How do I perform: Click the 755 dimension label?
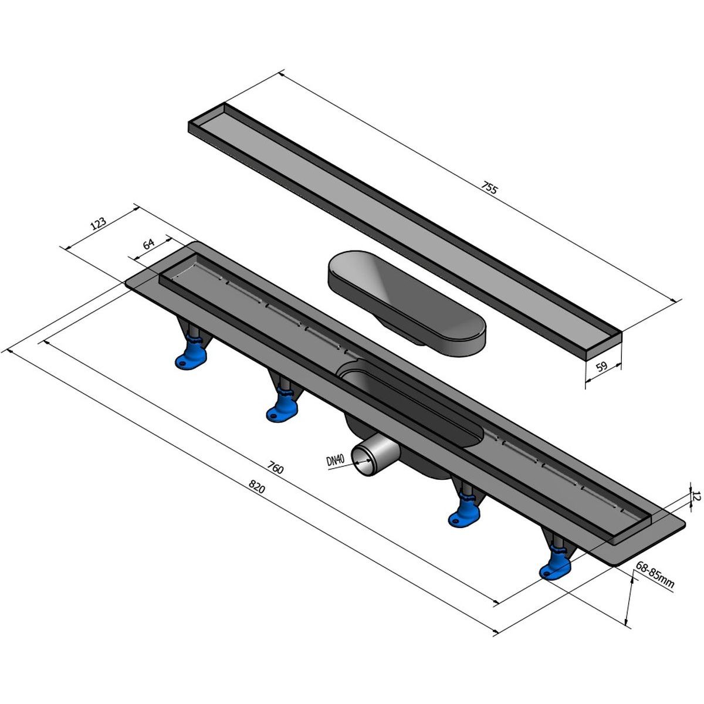[x=489, y=188]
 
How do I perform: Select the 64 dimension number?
[x=148, y=243]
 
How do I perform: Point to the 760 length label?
[x=276, y=467]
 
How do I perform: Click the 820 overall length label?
[x=256, y=486]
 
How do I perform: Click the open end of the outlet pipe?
[x=363, y=462]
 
